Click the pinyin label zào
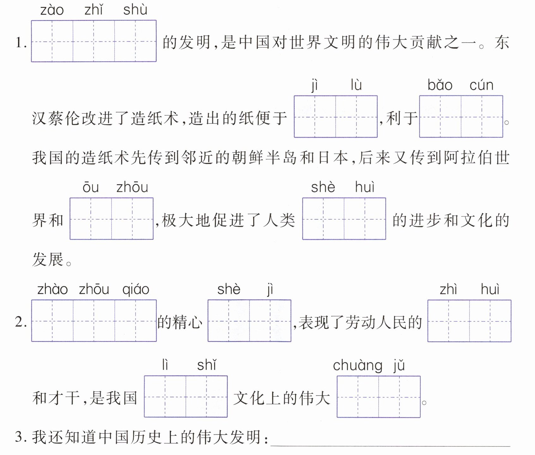coord(52,10)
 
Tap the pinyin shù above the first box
coord(135,10)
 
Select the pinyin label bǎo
coord(440,85)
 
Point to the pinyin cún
coord(481,85)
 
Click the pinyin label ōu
coord(91,187)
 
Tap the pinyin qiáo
coord(136,289)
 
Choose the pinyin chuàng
coord(357,366)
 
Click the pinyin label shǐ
coord(207,365)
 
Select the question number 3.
coord(21,437)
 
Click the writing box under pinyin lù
coord(356,117)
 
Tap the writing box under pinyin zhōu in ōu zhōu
coord(132,219)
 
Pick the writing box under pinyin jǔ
coord(399,397)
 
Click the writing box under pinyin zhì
coord(449,321)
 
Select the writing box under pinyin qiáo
coord(136,321)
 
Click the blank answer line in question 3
coord(390,441)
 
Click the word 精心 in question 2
coord(188,322)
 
